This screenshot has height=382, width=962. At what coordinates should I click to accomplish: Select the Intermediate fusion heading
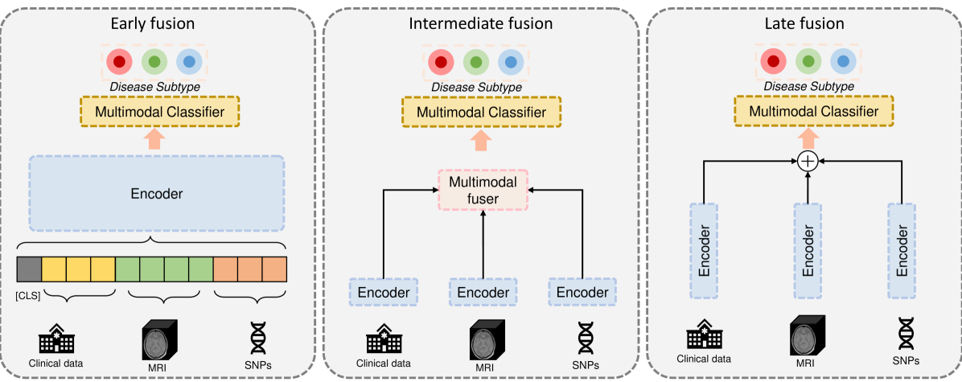pos(481,23)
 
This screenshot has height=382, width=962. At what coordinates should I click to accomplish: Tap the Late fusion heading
pos(804,23)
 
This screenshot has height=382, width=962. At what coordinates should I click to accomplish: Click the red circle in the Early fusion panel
pos(120,61)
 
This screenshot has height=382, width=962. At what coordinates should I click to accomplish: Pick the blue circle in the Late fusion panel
pos(842,61)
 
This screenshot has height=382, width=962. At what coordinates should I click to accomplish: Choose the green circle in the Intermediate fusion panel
pos(476,61)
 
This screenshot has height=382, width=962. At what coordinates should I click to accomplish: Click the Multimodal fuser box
pos(481,190)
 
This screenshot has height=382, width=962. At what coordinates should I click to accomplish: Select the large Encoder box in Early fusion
pos(156,193)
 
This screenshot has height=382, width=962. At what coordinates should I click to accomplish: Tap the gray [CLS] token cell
pos(29,269)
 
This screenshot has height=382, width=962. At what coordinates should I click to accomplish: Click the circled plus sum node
pos(807,162)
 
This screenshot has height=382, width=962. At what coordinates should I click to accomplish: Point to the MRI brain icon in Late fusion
pos(807,331)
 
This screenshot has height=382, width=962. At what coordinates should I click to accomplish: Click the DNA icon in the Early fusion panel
pos(259,338)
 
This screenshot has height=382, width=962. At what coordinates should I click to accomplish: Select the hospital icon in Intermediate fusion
pos(384,338)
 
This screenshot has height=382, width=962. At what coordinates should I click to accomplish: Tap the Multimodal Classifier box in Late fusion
pos(808,111)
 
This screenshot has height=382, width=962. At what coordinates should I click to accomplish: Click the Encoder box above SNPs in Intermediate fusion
pos(582,292)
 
